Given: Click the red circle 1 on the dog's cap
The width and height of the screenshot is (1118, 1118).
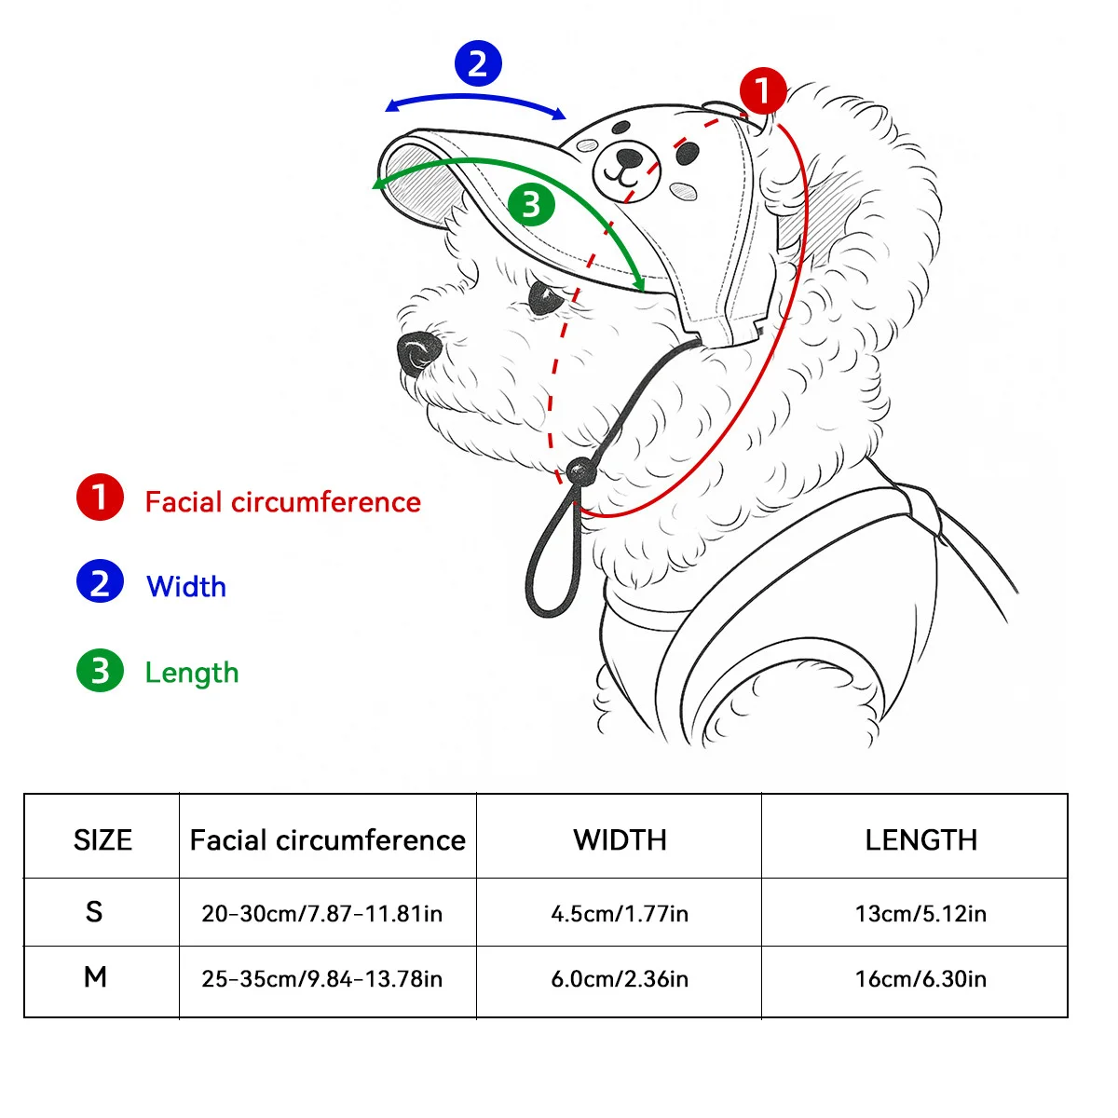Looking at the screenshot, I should (x=763, y=91).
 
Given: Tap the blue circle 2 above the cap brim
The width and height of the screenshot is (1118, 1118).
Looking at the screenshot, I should (x=478, y=63).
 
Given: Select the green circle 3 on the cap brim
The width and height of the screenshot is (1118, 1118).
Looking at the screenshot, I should (x=532, y=204).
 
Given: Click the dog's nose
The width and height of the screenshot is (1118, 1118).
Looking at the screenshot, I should (x=417, y=352).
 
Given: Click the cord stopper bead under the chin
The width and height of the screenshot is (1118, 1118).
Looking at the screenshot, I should (x=581, y=472).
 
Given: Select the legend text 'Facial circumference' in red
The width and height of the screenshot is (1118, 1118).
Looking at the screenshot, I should (x=282, y=502).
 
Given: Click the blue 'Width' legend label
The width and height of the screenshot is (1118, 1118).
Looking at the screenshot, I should (x=186, y=586).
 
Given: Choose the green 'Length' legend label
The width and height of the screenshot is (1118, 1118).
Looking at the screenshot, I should (x=192, y=673).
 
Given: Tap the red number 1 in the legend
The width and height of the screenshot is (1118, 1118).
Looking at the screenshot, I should (x=100, y=498).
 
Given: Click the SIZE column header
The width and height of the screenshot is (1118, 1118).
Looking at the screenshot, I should (x=102, y=839).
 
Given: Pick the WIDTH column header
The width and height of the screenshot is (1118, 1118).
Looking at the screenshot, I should (x=620, y=839).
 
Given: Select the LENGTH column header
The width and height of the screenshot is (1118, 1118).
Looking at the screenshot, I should (x=920, y=839).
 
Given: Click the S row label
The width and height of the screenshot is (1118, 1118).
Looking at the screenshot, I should (x=94, y=911).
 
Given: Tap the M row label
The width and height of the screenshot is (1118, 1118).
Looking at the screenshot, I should (x=95, y=977).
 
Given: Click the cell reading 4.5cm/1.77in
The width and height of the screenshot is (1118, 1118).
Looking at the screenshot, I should (x=620, y=914).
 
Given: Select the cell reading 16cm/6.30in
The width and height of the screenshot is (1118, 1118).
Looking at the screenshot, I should (x=920, y=979).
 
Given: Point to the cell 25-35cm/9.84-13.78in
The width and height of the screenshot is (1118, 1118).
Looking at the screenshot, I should (x=322, y=979).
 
